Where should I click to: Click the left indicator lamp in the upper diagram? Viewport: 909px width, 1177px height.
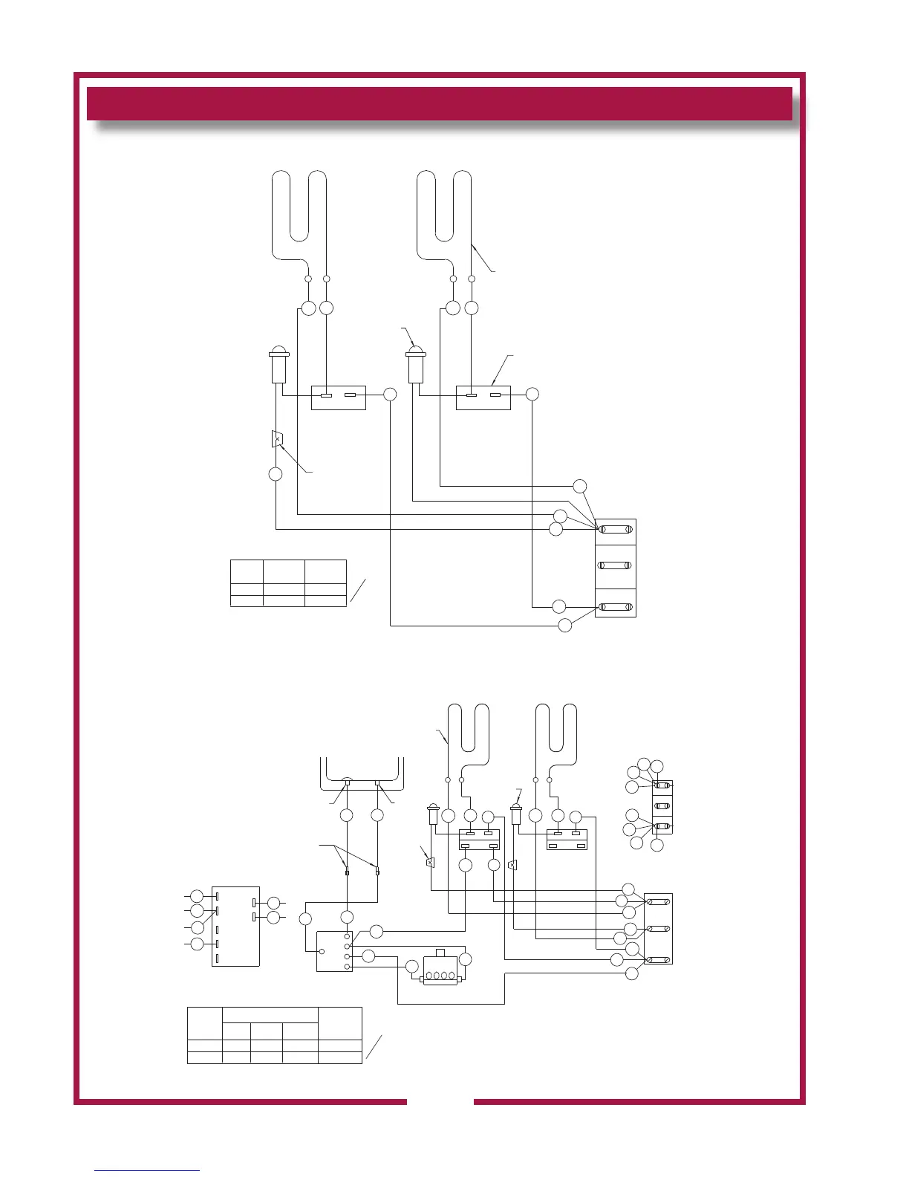pyautogui.click(x=279, y=364)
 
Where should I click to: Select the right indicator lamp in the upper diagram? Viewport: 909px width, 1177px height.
pyautogui.click(x=416, y=364)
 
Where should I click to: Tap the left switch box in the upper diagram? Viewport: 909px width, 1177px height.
pyautogui.click(x=338, y=398)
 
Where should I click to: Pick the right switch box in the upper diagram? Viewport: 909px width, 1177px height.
pyautogui.click(x=483, y=398)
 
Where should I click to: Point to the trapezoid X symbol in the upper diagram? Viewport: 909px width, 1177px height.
pyautogui.click(x=277, y=438)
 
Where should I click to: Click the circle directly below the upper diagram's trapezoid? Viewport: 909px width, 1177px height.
pyautogui.click(x=276, y=474)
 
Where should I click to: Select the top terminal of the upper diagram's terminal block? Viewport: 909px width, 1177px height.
pyautogui.click(x=616, y=530)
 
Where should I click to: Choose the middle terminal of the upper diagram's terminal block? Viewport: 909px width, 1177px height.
pyautogui.click(x=616, y=565)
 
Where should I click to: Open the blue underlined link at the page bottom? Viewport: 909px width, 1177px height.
pyautogui.click(x=147, y=1170)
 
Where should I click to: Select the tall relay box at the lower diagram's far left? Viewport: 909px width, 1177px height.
pyautogui.click(x=235, y=926)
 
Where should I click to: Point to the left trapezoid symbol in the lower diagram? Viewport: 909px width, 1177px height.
pyautogui.click(x=430, y=863)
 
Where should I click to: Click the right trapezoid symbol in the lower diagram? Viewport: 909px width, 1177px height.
pyautogui.click(x=512, y=865)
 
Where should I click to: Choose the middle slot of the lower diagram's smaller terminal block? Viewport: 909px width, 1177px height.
pyautogui.click(x=662, y=805)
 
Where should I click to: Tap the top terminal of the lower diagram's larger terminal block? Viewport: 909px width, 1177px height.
pyautogui.click(x=657, y=902)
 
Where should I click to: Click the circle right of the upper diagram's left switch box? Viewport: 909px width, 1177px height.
pyautogui.click(x=391, y=395)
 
